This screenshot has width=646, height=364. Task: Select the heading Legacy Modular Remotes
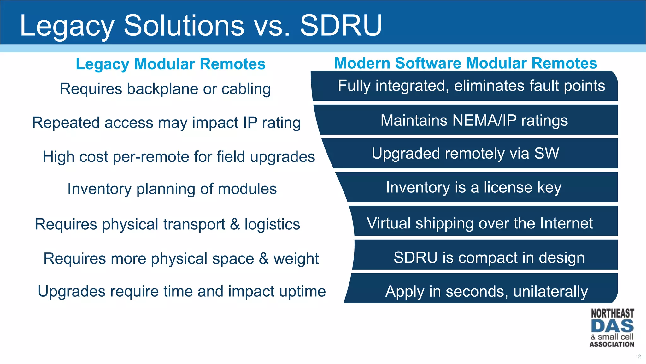170,64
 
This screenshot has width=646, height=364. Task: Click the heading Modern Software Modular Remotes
466,63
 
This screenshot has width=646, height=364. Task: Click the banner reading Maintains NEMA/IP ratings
474,120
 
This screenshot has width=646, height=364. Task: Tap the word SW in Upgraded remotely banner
546,154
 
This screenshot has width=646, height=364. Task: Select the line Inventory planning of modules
172,189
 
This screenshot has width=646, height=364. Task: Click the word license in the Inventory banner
508,187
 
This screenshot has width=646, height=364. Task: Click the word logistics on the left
272,224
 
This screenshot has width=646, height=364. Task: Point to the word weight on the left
296,259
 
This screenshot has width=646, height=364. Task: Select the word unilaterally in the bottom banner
550,291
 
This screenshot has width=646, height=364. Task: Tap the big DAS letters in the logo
612,326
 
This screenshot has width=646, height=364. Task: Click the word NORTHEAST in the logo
612,313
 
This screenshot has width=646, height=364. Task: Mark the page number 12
638,356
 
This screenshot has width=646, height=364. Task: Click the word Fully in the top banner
354,86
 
